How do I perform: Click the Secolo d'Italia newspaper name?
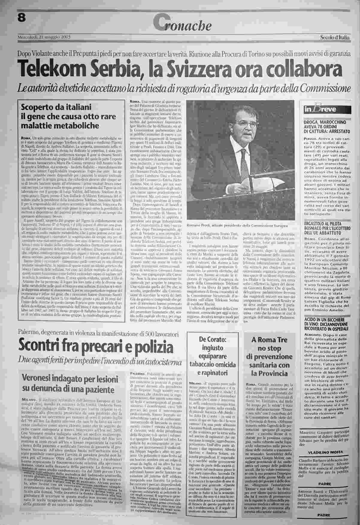334,37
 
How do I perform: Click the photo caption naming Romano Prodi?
237,225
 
